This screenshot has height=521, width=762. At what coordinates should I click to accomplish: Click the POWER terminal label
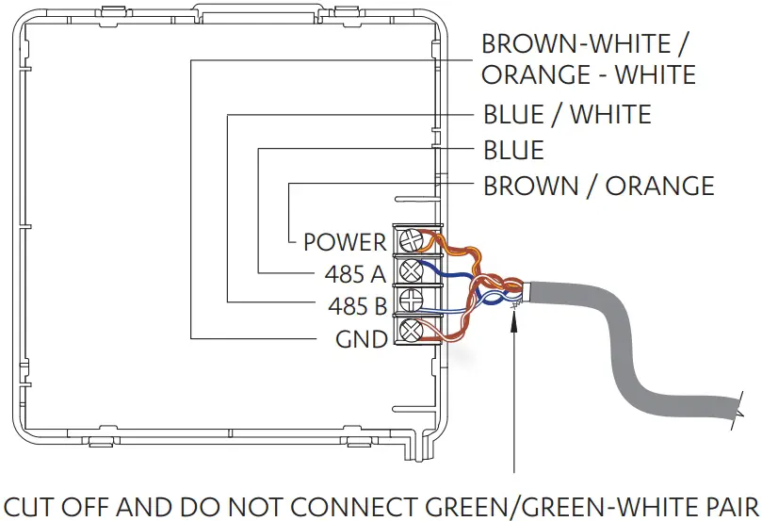click(x=345, y=242)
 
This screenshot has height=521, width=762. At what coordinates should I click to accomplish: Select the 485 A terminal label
click(x=356, y=274)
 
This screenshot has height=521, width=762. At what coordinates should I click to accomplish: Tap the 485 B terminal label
click(x=357, y=306)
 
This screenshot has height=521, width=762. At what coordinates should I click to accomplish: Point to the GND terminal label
click(x=362, y=338)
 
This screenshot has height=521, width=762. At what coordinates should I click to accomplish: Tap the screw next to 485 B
click(x=411, y=301)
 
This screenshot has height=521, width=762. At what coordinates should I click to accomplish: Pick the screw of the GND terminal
click(x=411, y=331)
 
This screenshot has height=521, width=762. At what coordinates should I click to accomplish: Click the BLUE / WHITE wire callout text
click(x=567, y=115)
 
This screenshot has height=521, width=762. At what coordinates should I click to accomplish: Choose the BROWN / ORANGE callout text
click(x=598, y=186)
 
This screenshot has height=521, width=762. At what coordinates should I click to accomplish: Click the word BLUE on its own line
click(x=513, y=150)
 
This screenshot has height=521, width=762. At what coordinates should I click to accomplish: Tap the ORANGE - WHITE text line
click(x=589, y=73)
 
